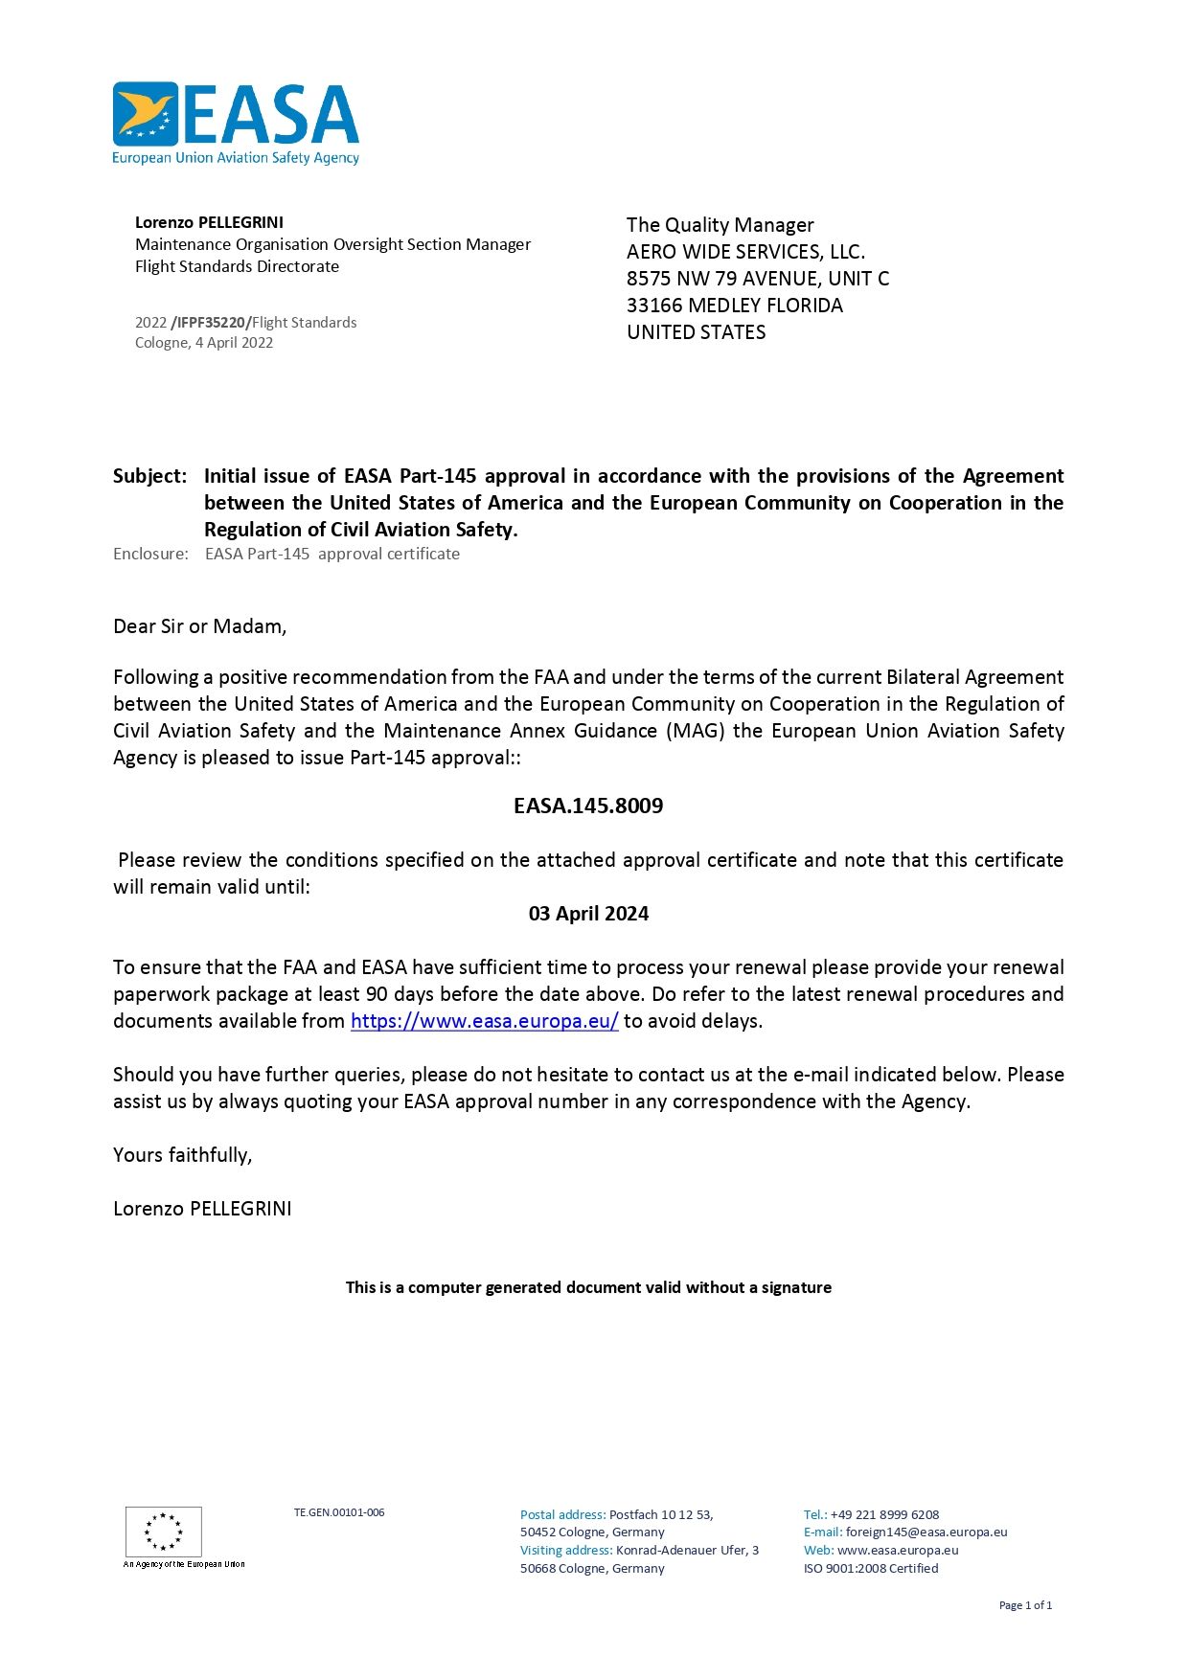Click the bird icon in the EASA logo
click(146, 114)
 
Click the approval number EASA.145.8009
click(588, 806)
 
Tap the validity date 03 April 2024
click(588, 914)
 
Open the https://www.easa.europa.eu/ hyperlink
click(484, 1021)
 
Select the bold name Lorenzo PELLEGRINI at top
click(209, 222)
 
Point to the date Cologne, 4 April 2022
click(204, 343)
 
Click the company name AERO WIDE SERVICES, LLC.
click(745, 252)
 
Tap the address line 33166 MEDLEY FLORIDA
click(735, 306)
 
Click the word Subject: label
click(149, 476)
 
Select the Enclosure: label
click(150, 554)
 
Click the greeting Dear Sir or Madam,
click(199, 626)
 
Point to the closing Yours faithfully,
click(182, 1155)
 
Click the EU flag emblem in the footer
click(164, 1531)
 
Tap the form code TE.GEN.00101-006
click(339, 1512)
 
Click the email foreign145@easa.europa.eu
click(926, 1532)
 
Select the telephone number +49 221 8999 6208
click(884, 1514)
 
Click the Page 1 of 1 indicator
click(1025, 1605)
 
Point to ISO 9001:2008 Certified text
click(871, 1568)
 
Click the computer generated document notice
click(588, 1287)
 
